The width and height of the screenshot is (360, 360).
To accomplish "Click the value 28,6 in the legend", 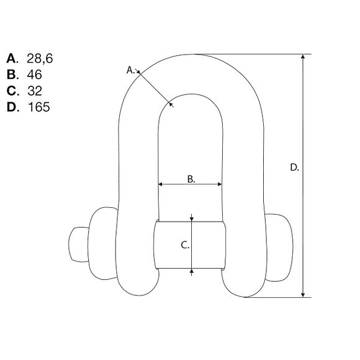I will (x=41, y=58).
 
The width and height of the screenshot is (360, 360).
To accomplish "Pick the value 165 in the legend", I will (x=38, y=107).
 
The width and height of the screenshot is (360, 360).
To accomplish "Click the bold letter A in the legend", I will (x=12, y=58).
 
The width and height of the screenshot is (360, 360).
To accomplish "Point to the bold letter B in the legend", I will (x=12, y=74).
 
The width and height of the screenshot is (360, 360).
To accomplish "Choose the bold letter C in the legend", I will (x=12, y=91).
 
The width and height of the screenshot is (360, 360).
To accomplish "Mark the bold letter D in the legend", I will (x=12, y=107).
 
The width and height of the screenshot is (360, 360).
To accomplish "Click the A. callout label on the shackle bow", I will (x=131, y=70).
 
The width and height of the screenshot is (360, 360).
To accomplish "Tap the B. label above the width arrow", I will (x=191, y=178).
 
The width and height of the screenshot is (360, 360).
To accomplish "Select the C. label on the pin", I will (x=184, y=245).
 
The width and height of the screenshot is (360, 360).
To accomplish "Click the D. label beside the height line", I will (x=295, y=167).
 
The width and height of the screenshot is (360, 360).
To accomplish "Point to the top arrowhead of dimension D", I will (x=304, y=57).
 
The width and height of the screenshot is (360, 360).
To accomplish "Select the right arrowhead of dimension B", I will (x=219, y=184).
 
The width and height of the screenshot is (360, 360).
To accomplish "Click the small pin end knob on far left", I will (x=76, y=245).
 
